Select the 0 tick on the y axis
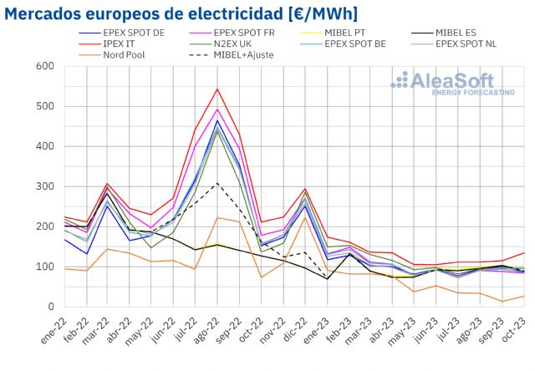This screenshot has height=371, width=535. tap(50, 307)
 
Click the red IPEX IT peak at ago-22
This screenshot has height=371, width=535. tap(217, 89)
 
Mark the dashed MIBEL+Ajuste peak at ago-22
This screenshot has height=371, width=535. tap(217, 183)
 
